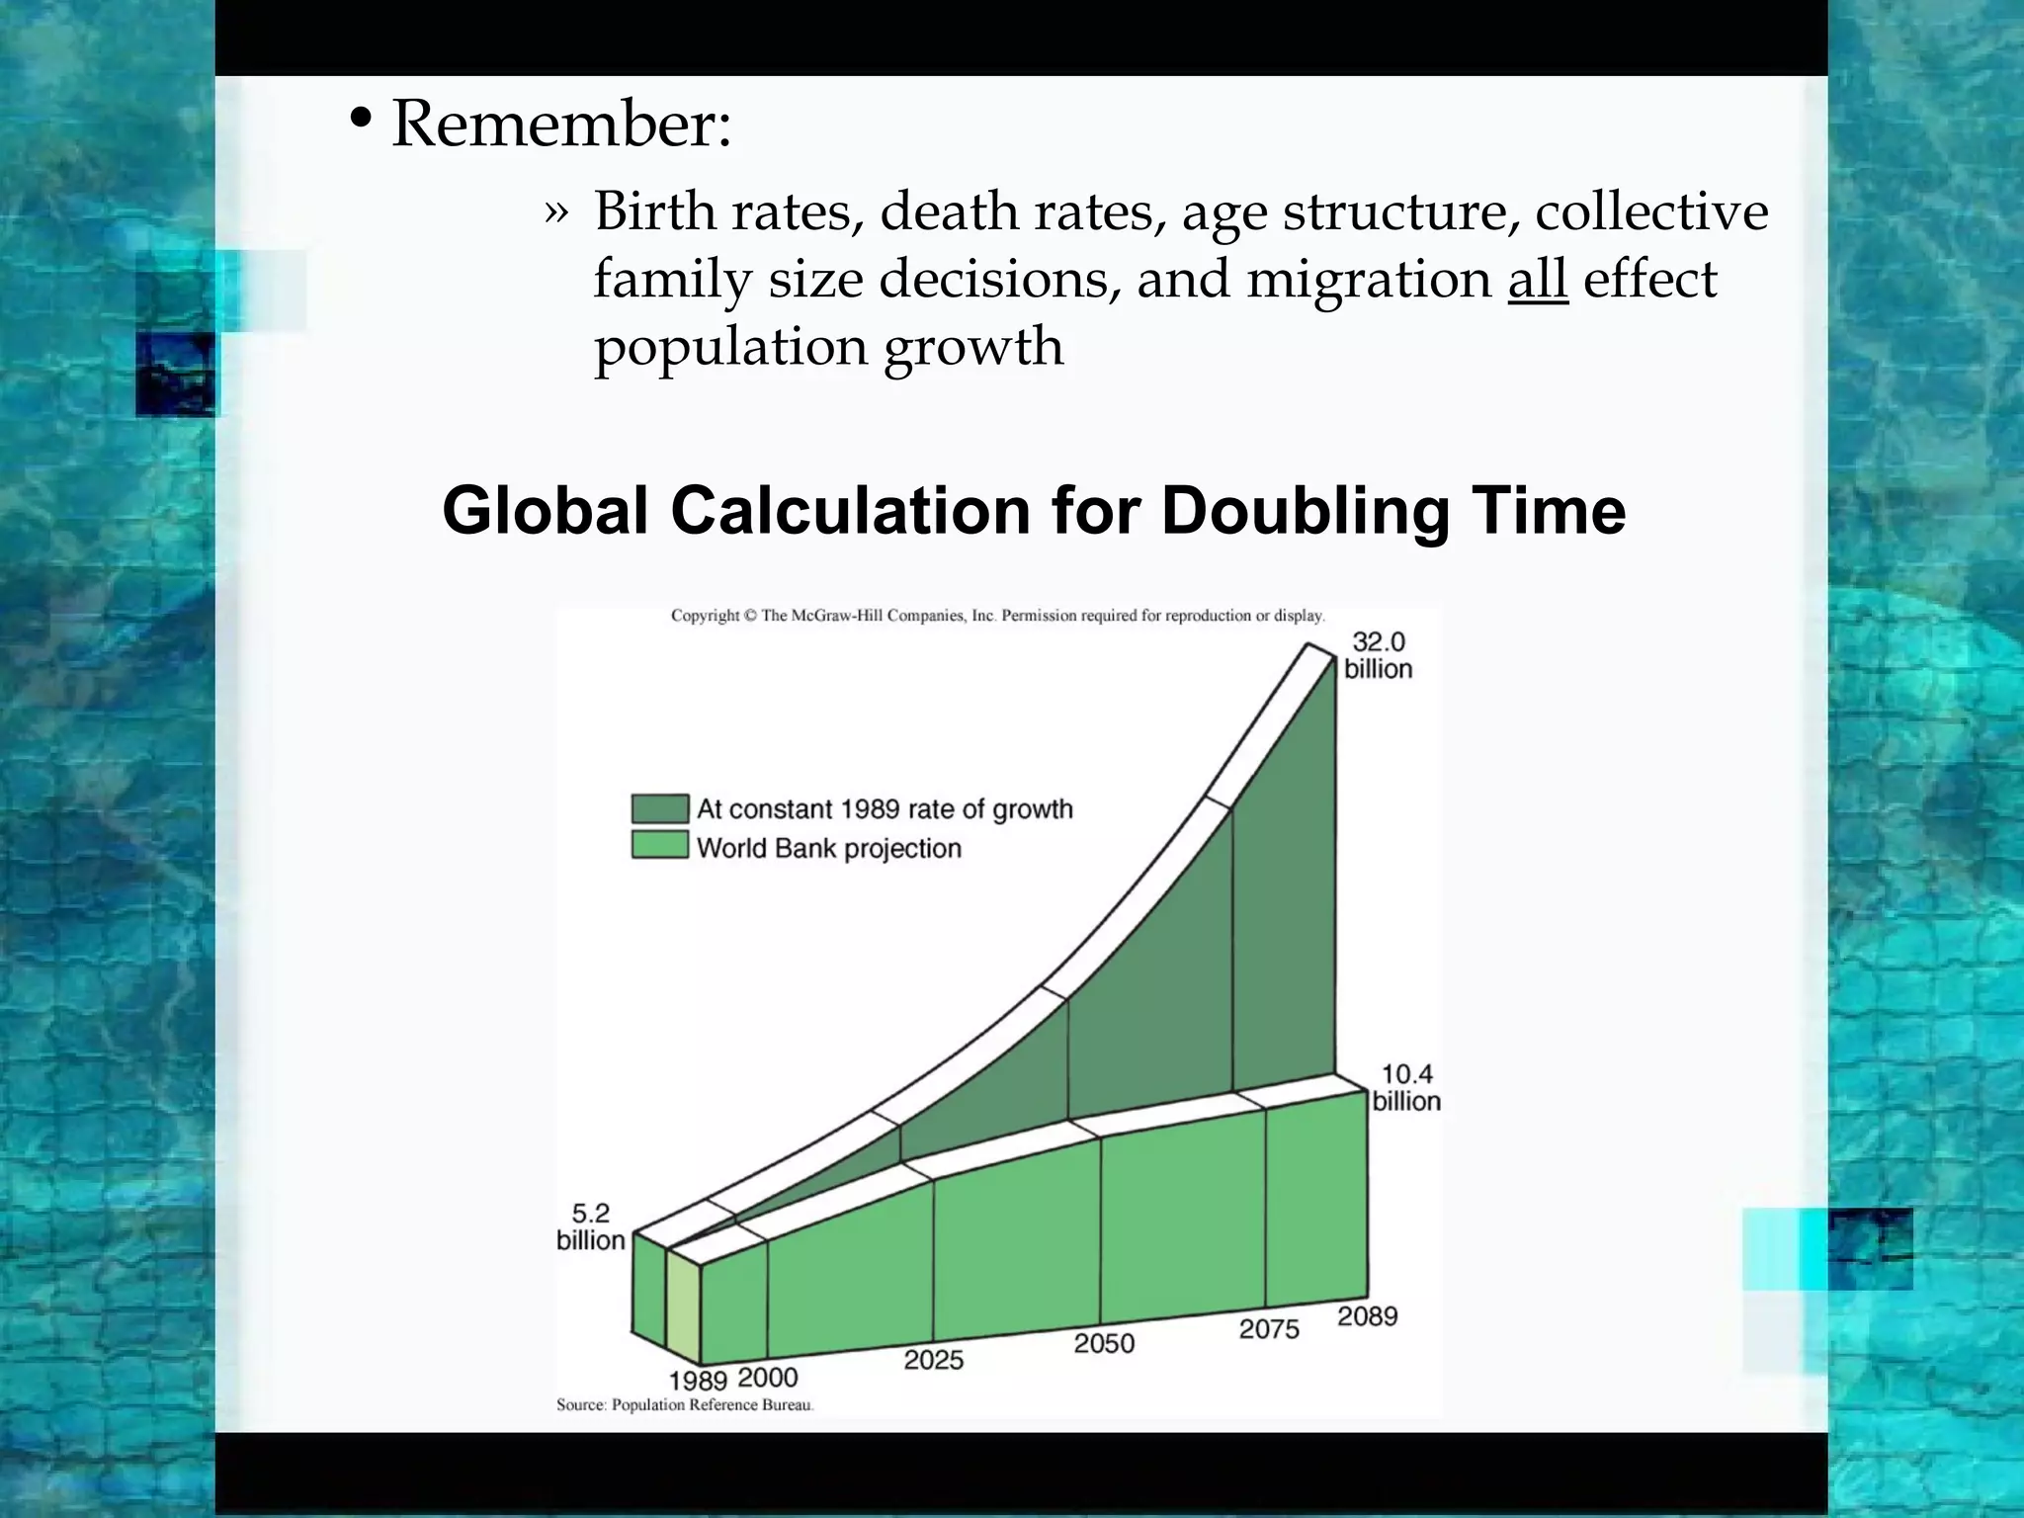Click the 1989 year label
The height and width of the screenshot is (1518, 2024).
point(698,1381)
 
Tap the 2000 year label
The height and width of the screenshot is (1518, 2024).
point(768,1377)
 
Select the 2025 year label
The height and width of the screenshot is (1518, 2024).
point(933,1360)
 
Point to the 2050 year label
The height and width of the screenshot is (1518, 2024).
point(1104,1343)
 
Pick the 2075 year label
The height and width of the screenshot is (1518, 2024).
point(1269,1329)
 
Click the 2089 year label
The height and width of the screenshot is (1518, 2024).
point(1368,1316)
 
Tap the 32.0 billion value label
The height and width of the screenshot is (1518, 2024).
point(1378,655)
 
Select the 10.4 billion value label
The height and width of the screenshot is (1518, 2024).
point(1406,1087)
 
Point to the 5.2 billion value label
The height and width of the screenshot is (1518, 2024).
point(590,1226)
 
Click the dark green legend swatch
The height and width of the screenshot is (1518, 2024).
point(660,808)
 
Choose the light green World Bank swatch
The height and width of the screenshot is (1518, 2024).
point(660,845)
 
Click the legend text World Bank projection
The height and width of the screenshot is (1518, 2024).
point(828,848)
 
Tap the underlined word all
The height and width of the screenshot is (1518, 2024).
point(1538,279)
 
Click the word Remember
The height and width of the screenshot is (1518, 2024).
point(560,126)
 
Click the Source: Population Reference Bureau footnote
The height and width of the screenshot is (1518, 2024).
point(685,1404)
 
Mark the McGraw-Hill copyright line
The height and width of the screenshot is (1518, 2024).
point(997,616)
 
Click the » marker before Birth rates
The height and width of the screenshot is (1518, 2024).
point(556,212)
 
